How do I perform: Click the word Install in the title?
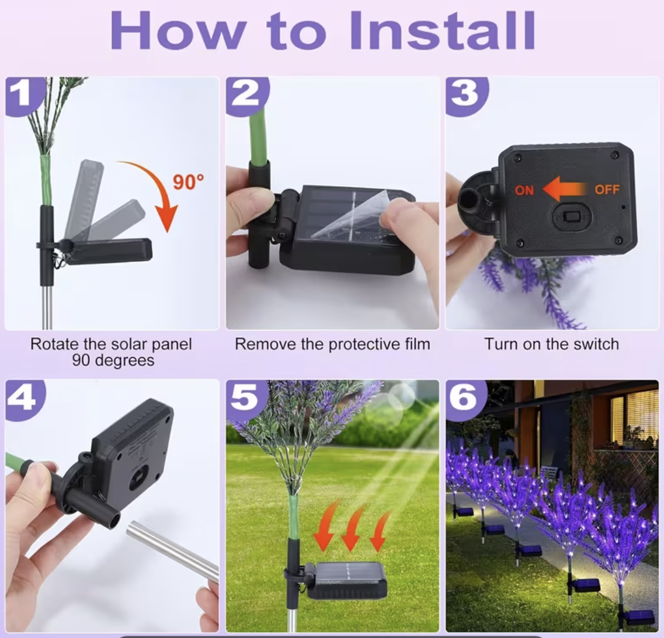coord(443,30)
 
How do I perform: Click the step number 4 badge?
coord(25,399)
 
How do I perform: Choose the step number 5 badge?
coord(246,399)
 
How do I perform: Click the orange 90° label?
coord(188,182)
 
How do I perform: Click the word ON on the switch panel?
coord(524,190)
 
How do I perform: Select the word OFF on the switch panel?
coord(607,189)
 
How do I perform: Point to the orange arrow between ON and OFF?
coord(565,189)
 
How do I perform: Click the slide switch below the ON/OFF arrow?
coord(571,217)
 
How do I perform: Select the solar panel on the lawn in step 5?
coord(346,580)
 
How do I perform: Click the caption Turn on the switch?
coord(551,344)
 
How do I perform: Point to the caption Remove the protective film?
coord(332,344)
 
